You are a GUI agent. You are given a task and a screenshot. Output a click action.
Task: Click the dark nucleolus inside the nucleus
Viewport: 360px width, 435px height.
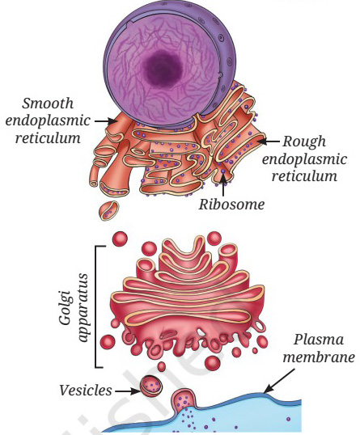[x=163, y=69]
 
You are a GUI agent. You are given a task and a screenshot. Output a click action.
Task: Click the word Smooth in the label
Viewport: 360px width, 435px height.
[x=48, y=103]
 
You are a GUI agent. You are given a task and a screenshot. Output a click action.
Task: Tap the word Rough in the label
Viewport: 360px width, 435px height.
[x=304, y=142]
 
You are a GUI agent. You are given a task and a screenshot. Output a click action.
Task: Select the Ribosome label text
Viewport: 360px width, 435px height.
[x=231, y=205]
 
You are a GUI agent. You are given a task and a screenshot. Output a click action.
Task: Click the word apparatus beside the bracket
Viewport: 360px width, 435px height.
[x=83, y=308]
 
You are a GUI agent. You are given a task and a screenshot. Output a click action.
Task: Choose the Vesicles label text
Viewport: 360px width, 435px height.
[x=86, y=391]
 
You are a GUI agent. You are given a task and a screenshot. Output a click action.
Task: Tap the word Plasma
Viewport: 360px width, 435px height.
[x=319, y=340]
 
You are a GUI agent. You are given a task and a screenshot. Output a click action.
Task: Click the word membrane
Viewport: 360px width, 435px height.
[x=319, y=357]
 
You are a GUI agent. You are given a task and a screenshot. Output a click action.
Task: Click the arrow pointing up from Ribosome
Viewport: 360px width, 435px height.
[x=223, y=183]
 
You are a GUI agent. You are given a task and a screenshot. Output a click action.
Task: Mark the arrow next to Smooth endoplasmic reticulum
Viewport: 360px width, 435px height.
[x=105, y=121]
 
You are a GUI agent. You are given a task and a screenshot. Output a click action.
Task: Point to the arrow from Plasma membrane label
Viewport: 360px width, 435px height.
[x=279, y=381]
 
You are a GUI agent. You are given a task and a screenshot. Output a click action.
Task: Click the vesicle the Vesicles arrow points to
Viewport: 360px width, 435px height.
[x=151, y=386]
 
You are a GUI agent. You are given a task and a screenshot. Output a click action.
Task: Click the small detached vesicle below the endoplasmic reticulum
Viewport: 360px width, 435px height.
[x=108, y=211]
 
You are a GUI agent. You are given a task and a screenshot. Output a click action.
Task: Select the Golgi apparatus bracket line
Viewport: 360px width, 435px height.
[x=96, y=306]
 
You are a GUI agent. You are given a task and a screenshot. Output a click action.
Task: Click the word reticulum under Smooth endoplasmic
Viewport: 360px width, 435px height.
[x=48, y=138]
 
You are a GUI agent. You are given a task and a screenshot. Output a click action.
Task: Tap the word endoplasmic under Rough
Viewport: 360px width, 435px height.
[x=305, y=159]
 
